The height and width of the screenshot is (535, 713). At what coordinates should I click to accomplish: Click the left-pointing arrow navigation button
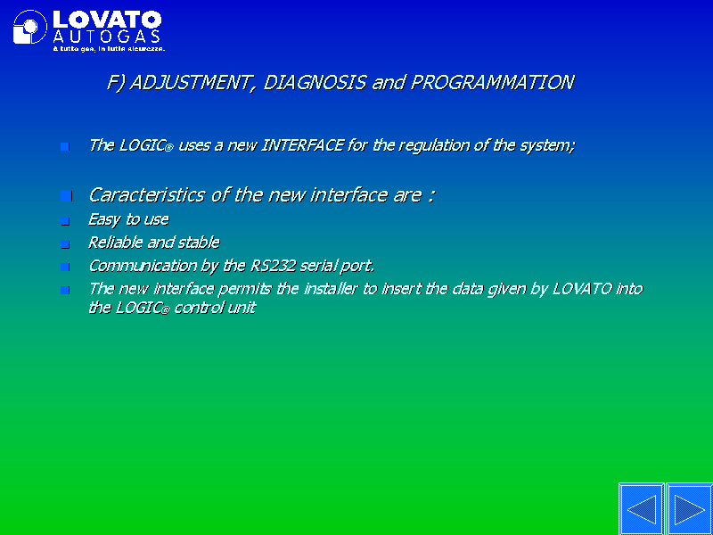pos(642,509)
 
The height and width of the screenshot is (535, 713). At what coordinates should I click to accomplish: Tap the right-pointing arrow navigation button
pos(689,509)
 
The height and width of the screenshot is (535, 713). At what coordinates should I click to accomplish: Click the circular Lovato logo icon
pos(30,27)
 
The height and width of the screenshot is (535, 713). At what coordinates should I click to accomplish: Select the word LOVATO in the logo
pos(107,20)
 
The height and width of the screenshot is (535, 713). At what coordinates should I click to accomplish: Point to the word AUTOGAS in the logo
pos(106,37)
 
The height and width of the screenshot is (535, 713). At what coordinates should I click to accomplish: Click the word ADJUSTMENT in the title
pos(190,83)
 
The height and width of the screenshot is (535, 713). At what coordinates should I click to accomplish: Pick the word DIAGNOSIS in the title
pos(315,82)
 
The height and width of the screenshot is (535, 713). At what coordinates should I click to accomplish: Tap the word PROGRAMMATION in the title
pos(492,82)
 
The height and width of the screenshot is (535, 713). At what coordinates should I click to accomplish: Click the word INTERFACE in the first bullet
pos(302,145)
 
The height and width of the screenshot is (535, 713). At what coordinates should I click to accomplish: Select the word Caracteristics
pos(147,194)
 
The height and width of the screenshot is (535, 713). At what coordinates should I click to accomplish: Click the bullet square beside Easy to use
pos(65,221)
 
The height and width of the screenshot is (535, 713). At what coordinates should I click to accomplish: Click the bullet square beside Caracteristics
pos(66,196)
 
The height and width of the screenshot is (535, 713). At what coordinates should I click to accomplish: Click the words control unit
pos(215,308)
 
